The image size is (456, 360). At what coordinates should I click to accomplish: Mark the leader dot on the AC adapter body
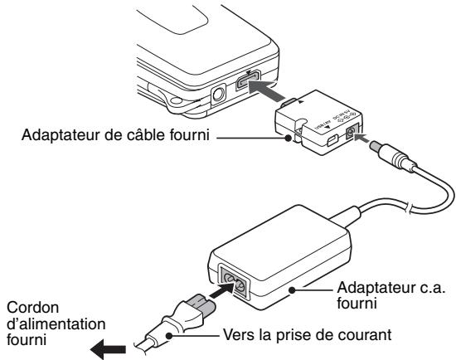point(295,290)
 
